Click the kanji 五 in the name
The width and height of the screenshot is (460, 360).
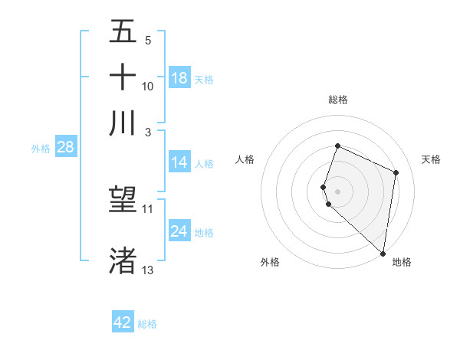(123, 32)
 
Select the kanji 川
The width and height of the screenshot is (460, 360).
(123, 122)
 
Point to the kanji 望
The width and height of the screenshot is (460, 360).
(123, 200)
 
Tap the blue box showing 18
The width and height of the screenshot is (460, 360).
(179, 78)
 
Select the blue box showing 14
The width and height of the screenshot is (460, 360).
(179, 162)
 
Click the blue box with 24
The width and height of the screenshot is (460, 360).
(179, 231)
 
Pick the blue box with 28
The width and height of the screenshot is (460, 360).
(65, 148)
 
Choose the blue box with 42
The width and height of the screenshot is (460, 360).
(123, 322)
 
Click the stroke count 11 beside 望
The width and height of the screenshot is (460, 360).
(148, 208)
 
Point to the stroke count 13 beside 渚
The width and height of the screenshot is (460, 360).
(148, 270)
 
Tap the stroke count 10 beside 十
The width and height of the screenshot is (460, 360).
(148, 86)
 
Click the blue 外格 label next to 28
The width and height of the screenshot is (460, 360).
(40, 149)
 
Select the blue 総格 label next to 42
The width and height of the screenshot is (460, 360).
(147, 323)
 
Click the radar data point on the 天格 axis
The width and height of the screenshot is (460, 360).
(396, 172)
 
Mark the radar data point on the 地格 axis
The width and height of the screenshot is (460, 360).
(383, 254)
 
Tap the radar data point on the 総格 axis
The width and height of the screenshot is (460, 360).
(337, 146)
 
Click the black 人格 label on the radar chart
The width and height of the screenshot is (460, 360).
(245, 159)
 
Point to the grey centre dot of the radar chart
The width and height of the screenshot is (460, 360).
(337, 191)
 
